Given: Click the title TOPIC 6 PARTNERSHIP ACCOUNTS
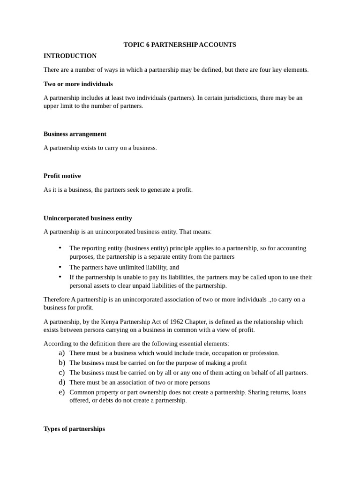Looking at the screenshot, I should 180,45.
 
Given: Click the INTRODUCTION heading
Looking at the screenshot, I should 70,56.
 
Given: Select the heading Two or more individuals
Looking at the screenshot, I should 78,84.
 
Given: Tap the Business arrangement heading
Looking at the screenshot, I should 75,134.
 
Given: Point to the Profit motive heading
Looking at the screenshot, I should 62,176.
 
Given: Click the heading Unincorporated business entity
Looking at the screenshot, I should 88,218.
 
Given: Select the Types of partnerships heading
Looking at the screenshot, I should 74,428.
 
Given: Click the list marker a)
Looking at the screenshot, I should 61,353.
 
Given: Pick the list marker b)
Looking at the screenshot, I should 61,362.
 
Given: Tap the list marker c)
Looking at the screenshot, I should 61,372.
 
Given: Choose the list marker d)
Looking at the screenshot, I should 61,382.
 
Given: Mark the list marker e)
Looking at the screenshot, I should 61,392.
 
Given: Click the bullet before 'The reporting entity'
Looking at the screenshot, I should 60,248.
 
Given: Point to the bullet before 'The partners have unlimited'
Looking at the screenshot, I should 60,267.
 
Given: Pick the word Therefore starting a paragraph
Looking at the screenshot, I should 56,299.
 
